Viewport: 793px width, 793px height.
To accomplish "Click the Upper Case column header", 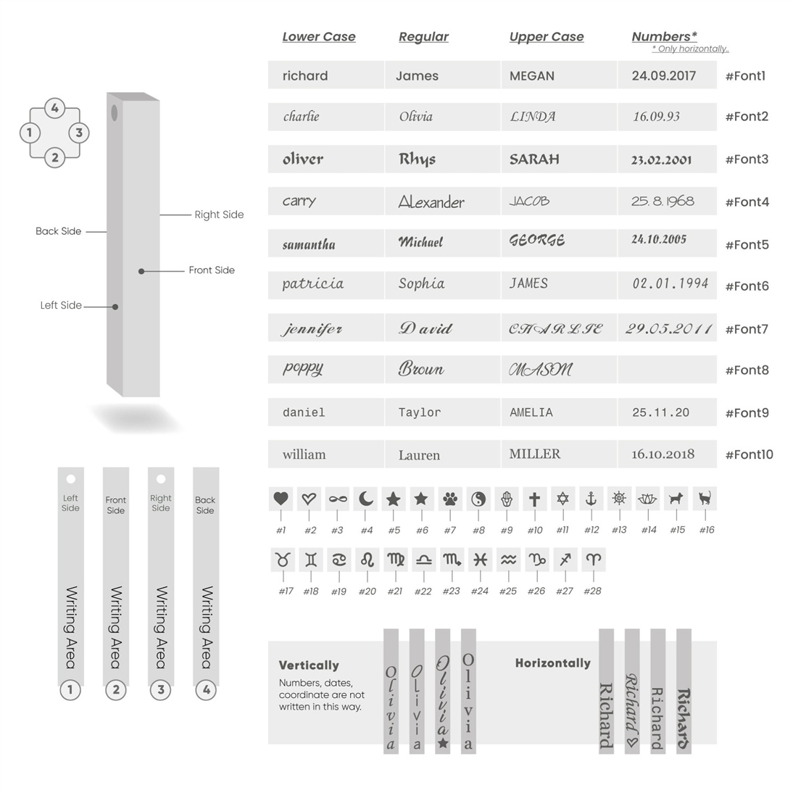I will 546,37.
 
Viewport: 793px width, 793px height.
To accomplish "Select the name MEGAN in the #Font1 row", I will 531,76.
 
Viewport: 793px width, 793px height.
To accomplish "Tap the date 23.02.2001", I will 661,160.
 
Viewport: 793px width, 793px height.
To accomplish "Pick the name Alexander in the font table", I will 431,202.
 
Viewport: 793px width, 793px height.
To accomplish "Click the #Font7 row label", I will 747,329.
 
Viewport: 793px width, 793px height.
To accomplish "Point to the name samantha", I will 309,245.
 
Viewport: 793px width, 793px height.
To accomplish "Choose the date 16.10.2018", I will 663,454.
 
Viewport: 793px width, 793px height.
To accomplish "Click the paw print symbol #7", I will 450,499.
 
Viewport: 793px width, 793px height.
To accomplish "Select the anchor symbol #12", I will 591,499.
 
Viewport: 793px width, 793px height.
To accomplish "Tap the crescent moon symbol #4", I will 366,499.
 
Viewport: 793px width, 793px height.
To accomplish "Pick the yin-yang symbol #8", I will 478,499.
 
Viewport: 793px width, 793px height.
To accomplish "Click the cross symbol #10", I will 534,499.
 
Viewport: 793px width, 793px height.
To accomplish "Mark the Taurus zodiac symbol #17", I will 281,560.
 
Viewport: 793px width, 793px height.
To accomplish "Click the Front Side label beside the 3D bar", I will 212,270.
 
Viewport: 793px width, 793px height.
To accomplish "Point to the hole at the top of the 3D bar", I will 114,112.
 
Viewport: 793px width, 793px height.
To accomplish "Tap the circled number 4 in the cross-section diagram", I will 54,109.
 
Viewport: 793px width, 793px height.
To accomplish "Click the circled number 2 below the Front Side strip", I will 116,689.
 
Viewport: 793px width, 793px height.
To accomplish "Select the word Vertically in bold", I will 309,665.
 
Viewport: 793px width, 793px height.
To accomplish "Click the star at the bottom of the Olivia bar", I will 443,743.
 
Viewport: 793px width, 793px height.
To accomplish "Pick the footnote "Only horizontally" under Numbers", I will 691,49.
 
